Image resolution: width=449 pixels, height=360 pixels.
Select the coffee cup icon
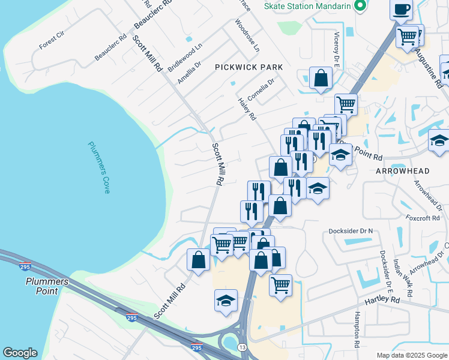click(401, 10)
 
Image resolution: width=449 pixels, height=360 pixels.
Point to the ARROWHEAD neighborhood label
click(402, 171)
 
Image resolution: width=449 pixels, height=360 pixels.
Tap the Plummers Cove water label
click(99, 167)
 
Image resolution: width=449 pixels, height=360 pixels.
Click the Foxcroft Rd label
click(423, 218)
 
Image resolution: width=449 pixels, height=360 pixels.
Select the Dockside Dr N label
click(351, 231)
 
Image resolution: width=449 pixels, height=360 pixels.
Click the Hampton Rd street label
click(357, 329)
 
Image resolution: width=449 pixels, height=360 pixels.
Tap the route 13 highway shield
click(242, 347)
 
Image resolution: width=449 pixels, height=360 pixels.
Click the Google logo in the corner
click(20, 353)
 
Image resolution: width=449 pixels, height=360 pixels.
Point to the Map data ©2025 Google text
click(411, 355)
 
